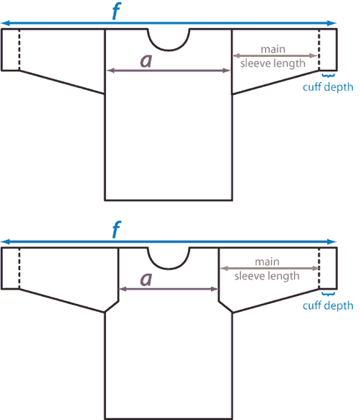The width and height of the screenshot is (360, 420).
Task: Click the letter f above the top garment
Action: (117, 11)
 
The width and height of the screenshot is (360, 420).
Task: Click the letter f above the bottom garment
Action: (117, 229)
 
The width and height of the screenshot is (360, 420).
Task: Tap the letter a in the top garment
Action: (146, 61)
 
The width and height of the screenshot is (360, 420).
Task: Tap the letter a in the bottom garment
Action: (146, 279)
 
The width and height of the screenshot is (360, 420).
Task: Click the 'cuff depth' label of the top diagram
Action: (328, 87)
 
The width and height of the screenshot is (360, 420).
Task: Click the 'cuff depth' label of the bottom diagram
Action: (328, 305)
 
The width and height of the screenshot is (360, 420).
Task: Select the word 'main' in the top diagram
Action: (273, 49)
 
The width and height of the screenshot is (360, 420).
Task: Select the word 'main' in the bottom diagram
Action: (267, 262)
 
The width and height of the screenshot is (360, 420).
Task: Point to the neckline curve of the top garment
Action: (168, 50)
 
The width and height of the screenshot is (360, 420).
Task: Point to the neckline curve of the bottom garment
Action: (168, 269)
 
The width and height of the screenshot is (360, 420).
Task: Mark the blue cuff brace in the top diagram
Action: (328, 75)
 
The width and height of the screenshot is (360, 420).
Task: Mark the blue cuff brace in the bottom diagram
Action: (328, 294)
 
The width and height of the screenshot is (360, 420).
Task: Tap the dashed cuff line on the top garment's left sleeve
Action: (19, 50)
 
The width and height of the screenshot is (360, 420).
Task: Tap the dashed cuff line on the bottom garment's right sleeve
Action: (319, 268)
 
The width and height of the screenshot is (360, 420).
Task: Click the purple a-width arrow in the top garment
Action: (168, 71)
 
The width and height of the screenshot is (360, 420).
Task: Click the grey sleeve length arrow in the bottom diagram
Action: (269, 268)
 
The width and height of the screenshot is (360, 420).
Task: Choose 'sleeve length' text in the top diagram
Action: (273, 63)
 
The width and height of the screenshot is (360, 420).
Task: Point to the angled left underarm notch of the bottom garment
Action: (112, 307)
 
